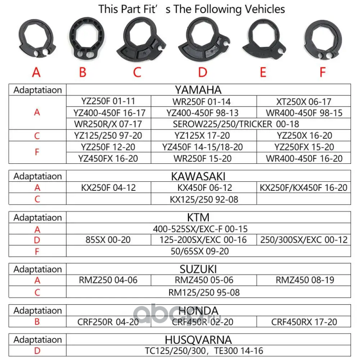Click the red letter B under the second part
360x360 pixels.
[x=82, y=72]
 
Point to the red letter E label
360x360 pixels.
[x=263, y=72]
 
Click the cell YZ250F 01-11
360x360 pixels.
[x=108, y=101]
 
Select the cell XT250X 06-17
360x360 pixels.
[x=304, y=101]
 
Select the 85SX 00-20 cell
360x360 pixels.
[x=108, y=240]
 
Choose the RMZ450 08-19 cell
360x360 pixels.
[x=305, y=280]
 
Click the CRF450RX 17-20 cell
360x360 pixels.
[x=304, y=322]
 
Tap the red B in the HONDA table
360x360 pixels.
[x=37, y=322]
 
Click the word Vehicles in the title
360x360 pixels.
[x=264, y=9]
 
